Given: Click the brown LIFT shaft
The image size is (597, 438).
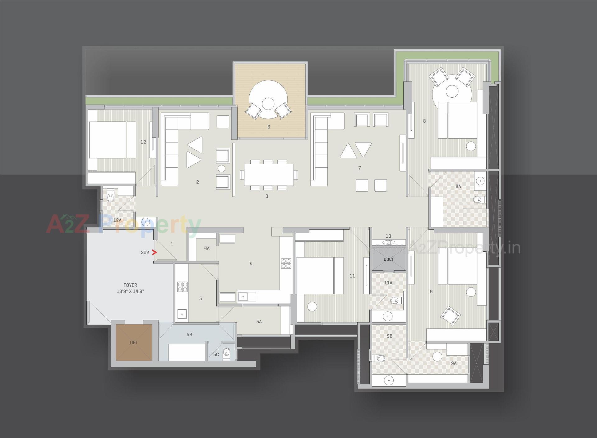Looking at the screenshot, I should point(134,342).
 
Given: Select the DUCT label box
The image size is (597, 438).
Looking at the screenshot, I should point(389,259).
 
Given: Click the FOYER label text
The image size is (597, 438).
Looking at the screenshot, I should point(130,285).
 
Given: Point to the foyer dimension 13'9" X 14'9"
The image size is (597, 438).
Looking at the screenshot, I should point(130,291).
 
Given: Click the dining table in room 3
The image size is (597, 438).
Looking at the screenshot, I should point(269,175).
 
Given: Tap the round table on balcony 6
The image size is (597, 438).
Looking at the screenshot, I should point(268,100).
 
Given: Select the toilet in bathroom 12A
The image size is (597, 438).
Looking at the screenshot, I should point(110,197).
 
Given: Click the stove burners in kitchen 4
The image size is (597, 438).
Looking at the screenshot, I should point(286,263).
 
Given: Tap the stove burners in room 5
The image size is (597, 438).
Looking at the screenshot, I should point(182,287).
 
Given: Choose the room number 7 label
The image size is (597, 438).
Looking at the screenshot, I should point(360,168).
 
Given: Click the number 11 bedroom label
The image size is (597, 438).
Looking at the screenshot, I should point(352,276).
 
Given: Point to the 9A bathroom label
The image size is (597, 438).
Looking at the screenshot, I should point(454,363).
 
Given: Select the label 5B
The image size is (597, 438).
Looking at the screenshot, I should point(189,335).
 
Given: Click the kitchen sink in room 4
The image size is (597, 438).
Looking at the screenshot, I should point(243,297).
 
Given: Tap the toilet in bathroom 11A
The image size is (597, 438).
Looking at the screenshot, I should point(395,301).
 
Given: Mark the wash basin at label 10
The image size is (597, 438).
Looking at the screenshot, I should point(388,242).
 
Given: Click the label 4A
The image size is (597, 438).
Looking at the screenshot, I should point(207,248).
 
